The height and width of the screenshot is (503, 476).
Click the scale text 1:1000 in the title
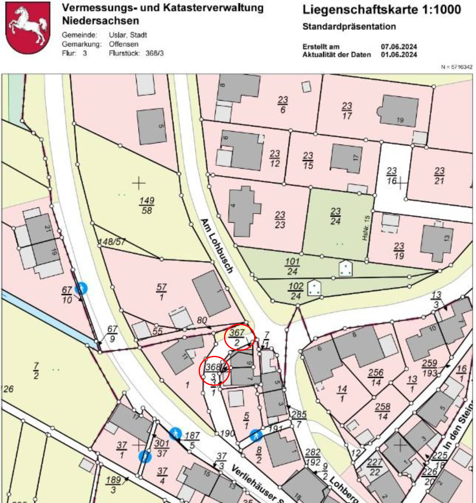pos(441,10)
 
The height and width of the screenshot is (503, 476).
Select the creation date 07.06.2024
pos(399,47)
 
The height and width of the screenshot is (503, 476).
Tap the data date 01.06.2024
pos(399,55)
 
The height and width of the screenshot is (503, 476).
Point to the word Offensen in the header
pos(124,44)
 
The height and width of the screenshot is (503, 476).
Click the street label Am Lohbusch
pos(217,246)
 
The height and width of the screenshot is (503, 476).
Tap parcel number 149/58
pos(147,206)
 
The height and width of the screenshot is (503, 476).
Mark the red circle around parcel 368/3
pos(214,371)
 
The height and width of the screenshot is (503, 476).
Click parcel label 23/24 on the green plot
pos(335,216)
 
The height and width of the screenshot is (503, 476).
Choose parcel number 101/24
pos(292,267)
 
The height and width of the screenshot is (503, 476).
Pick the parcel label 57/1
pos(161,292)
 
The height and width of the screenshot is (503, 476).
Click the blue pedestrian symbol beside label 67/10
pos(81,288)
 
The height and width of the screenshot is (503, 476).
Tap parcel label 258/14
pos(382,411)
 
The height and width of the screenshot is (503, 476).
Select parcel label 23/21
pos(439,176)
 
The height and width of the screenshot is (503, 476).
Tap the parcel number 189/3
pos(113,485)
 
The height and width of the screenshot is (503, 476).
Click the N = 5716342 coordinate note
pos(456,67)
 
